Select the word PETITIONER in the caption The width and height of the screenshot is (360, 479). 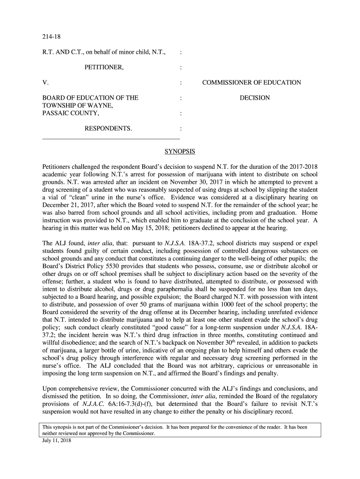(104, 67)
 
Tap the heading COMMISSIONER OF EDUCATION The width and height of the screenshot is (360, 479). (252, 83)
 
